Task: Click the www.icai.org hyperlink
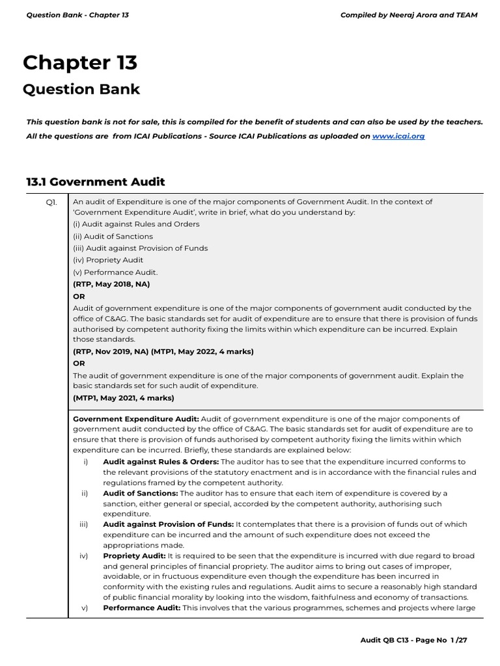click(x=398, y=137)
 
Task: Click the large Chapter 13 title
click(x=80, y=62)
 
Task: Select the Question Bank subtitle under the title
click(x=81, y=89)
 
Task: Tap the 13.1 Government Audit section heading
click(x=96, y=182)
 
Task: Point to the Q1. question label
click(x=51, y=202)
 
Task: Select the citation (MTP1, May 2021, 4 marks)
click(x=124, y=397)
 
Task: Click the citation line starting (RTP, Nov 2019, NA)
click(x=163, y=351)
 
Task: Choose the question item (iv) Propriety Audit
click(x=108, y=260)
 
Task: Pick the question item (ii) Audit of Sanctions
click(x=113, y=236)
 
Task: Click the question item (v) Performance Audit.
click(x=115, y=272)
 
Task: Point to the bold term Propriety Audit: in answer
click(x=134, y=555)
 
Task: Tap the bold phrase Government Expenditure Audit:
click(x=136, y=419)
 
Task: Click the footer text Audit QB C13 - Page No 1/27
click(x=413, y=640)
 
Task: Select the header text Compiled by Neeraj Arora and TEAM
click(x=409, y=15)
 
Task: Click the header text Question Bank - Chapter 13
click(x=77, y=15)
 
